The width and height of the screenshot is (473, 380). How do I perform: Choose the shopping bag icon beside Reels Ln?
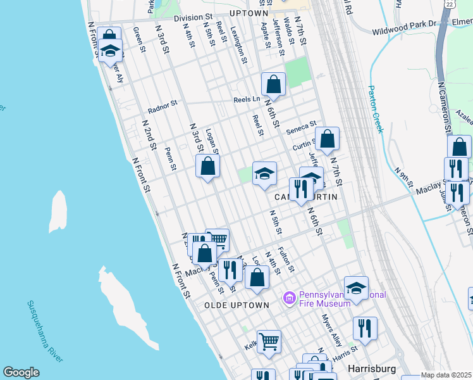pyautogui.click(x=273, y=84)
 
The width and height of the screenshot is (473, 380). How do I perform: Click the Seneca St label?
pyautogui.click(x=300, y=127)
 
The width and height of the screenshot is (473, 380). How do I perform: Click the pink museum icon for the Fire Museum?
pyautogui.click(x=290, y=297)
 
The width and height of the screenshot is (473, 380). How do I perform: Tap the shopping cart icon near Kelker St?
pyautogui.click(x=269, y=341)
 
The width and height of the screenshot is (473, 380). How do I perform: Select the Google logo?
pyautogui.click(x=21, y=372)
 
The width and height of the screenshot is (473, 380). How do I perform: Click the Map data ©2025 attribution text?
pyautogui.click(x=446, y=375)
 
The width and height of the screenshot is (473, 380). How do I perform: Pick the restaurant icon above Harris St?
pyautogui.click(x=365, y=328)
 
